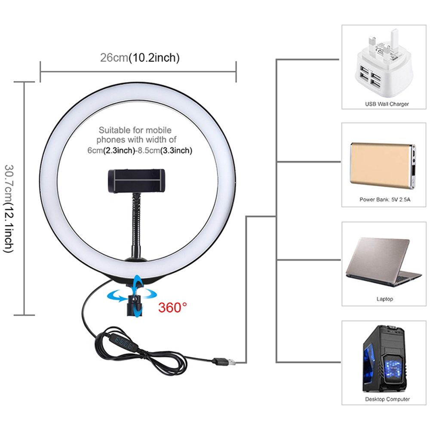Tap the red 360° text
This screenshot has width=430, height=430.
[x=172, y=307]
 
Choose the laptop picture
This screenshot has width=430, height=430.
[x=382, y=262]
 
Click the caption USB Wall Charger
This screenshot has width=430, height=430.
[x=387, y=104]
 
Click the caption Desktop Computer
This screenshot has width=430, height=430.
[x=387, y=399]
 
